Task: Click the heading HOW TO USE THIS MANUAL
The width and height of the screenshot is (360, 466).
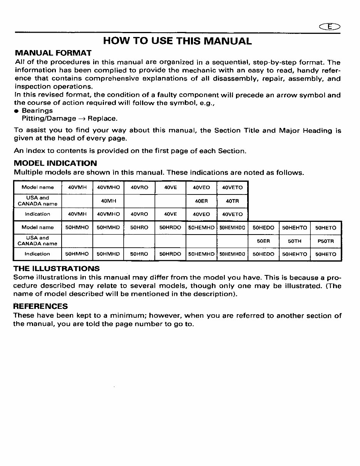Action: [x=177, y=41]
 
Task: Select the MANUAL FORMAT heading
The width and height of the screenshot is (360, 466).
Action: [x=53, y=53]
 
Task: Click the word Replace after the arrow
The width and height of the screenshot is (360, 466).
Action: [x=102, y=119]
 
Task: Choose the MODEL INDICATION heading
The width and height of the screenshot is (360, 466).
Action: [x=55, y=163]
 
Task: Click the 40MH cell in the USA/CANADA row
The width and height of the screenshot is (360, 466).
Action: [x=108, y=201]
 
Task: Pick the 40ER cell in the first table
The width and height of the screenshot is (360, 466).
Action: [x=201, y=201]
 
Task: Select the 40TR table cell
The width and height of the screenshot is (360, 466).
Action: [x=232, y=201]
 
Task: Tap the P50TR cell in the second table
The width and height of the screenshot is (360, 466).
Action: [x=326, y=241]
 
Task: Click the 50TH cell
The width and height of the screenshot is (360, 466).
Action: [x=295, y=241]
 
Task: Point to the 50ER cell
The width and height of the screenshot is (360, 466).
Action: [x=263, y=241]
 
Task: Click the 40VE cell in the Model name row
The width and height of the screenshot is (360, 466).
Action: [x=170, y=188]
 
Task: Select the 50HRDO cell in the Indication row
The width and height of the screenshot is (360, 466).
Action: [x=170, y=254]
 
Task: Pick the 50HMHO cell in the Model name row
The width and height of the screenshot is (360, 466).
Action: [x=77, y=228]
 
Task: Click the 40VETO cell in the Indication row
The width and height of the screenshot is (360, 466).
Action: [x=232, y=214]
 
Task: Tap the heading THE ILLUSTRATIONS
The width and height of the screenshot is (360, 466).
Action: [x=56, y=268]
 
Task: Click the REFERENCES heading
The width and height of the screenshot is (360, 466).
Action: [x=40, y=306]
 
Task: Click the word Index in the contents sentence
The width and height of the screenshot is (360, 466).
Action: [x=32, y=151]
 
